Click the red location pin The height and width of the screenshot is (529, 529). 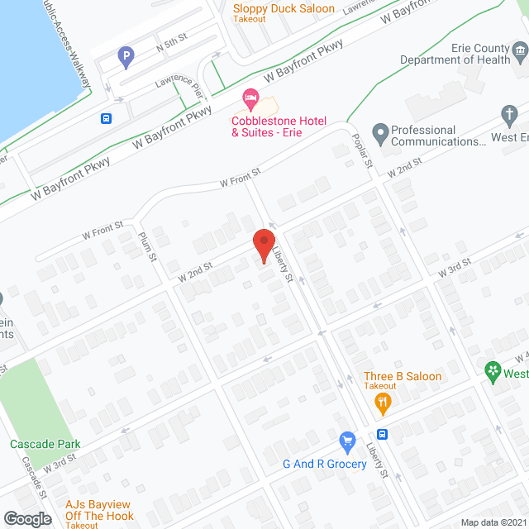[263, 245]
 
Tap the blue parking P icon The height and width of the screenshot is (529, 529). [126, 58]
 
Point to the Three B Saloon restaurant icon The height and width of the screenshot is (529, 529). [382, 404]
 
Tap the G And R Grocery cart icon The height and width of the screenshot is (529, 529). [347, 441]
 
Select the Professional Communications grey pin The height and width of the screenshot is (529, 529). [380, 131]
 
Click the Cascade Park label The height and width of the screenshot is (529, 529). [45, 444]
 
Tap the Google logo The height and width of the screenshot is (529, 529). [26, 518]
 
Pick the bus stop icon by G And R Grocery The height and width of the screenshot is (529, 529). [383, 435]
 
